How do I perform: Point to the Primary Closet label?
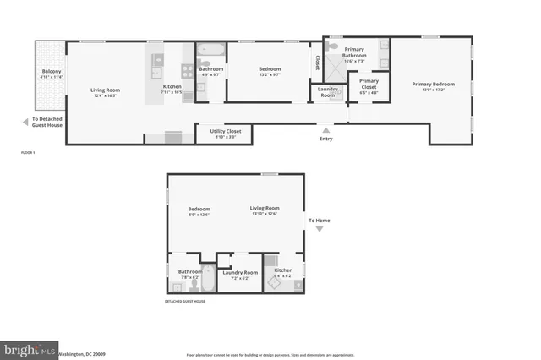coord(369,84)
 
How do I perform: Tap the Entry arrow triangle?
coord(325,129)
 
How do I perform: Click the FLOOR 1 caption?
coord(28,152)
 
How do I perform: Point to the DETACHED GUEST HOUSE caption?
coord(185,301)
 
